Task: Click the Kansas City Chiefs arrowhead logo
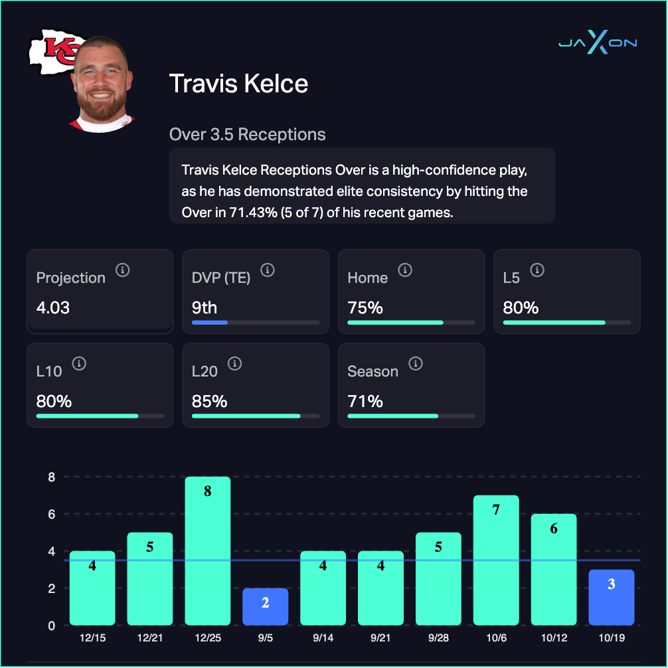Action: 50,52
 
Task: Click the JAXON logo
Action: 597,43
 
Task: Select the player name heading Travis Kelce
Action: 238,84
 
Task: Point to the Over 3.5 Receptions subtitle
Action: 247,134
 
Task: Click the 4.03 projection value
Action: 53,308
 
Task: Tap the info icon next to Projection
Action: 122,270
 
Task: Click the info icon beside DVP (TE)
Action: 267,270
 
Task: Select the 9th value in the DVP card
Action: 204,308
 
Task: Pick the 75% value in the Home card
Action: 365,308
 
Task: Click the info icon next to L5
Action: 537,270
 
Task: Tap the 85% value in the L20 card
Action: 209,401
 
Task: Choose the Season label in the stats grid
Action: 373,371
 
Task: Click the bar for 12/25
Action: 208,551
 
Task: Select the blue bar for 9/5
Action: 266,607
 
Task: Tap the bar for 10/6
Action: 496,560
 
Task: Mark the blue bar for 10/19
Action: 612,598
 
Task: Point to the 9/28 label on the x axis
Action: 438,637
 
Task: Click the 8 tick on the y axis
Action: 51,477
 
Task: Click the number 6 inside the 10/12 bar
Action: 554,529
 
